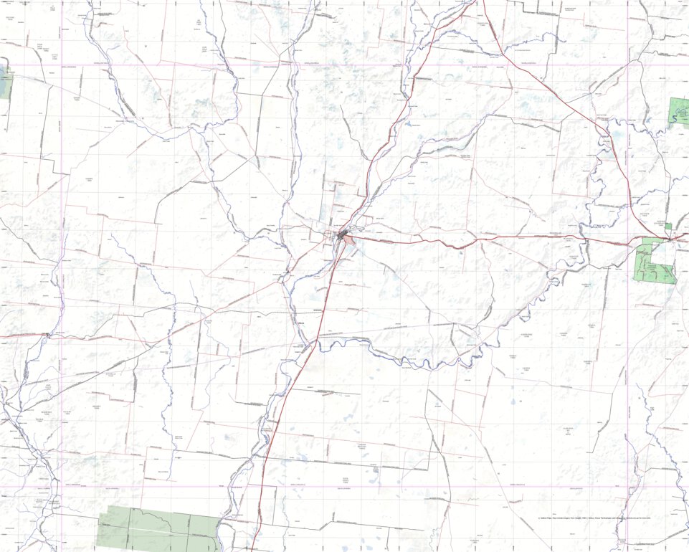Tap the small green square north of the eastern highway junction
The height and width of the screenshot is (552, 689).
coord(668,227)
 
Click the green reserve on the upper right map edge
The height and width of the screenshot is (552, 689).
coord(678,112)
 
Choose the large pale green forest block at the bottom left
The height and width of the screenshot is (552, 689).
coord(158,527)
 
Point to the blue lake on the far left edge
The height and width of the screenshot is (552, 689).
coord(6,82)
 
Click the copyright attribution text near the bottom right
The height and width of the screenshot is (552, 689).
coord(594,517)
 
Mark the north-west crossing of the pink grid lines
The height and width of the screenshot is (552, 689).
coord(62,65)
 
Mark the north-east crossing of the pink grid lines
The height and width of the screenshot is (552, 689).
coord(627,65)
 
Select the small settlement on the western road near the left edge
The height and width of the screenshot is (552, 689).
coord(46,334)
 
